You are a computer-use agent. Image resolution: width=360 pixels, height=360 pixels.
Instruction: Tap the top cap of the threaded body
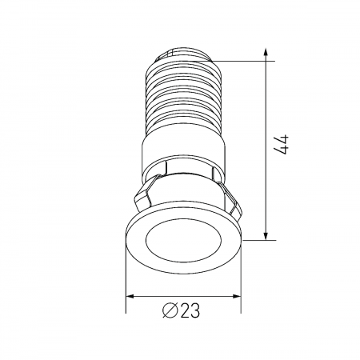pyautogui.click(x=184, y=52)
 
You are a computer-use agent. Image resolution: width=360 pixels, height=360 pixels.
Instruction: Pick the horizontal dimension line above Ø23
pyautogui.click(x=183, y=295)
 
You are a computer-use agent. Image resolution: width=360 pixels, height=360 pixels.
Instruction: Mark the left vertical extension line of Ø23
pyautogui.click(x=126, y=272)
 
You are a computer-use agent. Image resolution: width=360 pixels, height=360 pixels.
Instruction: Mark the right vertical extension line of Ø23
pyautogui.click(x=240, y=272)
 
